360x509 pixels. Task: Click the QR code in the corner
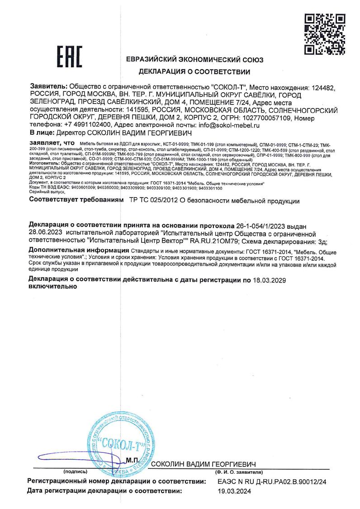[x=325, y=33]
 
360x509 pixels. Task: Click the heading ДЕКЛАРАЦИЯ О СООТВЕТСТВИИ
[x=194, y=71]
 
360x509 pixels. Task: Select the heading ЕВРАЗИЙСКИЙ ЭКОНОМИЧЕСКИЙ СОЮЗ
[x=194, y=60]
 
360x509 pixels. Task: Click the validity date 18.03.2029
[x=269, y=280]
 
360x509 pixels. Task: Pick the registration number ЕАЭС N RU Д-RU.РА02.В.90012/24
[x=272, y=482]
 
